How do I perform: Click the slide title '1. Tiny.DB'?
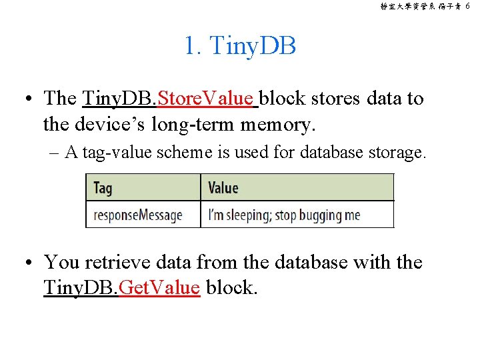click(240, 46)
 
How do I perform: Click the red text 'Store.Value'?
click(207, 99)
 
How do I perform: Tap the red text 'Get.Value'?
click(159, 288)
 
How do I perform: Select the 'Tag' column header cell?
click(143, 187)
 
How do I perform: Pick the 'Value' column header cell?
click(297, 187)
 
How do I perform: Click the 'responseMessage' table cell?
click(143, 215)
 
